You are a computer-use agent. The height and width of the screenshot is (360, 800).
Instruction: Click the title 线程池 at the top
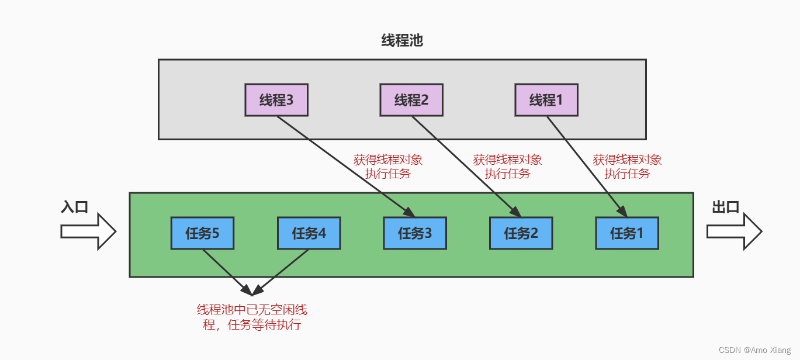(x=401, y=40)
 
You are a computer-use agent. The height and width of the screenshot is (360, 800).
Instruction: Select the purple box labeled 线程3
(x=276, y=100)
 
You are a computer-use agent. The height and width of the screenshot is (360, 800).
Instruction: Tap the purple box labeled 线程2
(x=411, y=100)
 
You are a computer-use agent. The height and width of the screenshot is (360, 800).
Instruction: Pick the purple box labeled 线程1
(x=546, y=100)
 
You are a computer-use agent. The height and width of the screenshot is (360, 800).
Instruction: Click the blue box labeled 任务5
(x=202, y=233)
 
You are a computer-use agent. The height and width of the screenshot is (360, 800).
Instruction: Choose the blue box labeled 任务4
(x=309, y=233)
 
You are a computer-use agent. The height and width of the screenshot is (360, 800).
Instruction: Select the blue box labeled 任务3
(x=415, y=233)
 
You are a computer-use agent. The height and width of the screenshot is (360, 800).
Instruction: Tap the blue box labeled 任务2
(x=521, y=233)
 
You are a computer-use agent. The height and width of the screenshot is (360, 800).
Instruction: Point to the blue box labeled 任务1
(x=627, y=233)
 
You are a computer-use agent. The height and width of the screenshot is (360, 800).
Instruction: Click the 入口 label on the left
(x=74, y=207)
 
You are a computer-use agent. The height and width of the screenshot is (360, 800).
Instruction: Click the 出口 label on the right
(x=726, y=207)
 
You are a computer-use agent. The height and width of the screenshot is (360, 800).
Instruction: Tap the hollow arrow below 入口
(x=88, y=231)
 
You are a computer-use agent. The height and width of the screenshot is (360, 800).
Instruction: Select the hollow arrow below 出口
(x=734, y=231)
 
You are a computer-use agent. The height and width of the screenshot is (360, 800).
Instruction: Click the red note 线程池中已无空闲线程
(x=252, y=317)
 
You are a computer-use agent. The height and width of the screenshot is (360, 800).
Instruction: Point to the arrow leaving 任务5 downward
(x=225, y=271)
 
